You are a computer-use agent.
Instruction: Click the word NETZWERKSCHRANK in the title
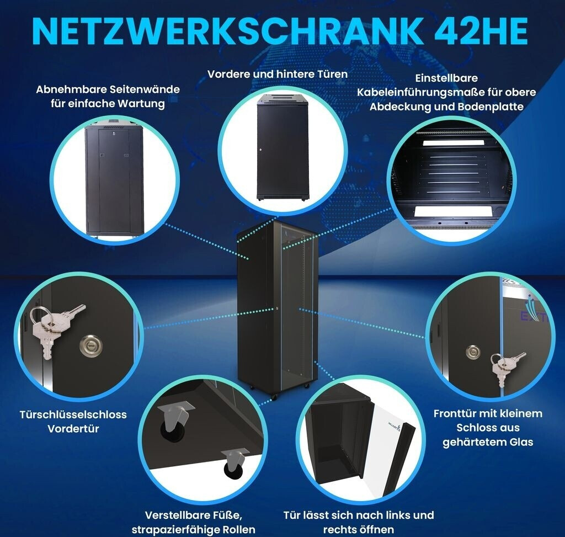pos(227,31)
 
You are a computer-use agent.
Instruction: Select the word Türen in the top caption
pos(332,74)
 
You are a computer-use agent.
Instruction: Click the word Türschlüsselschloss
pos(73,414)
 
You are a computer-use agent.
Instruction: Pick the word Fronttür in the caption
pos(454,413)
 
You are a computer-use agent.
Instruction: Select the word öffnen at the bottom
pos(377,530)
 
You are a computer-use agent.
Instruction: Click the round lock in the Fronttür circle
pos(473,352)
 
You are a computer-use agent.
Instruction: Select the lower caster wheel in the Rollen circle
pos(234,464)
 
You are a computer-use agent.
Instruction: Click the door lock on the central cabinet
pos(277,309)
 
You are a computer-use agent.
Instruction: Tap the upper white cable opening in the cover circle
pos(450,143)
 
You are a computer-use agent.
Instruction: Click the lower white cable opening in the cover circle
pos(452,211)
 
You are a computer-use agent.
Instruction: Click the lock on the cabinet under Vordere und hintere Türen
pos(259,149)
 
